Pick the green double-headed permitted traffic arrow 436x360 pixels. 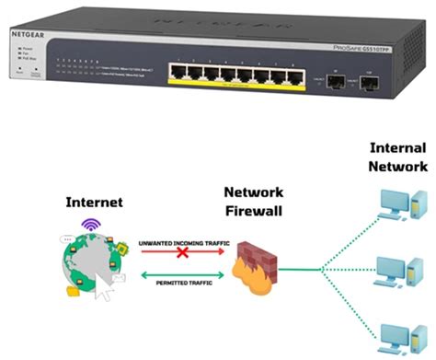(x=179, y=273)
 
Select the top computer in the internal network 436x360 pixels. (x=404, y=204)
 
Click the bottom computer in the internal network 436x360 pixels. (x=404, y=333)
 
